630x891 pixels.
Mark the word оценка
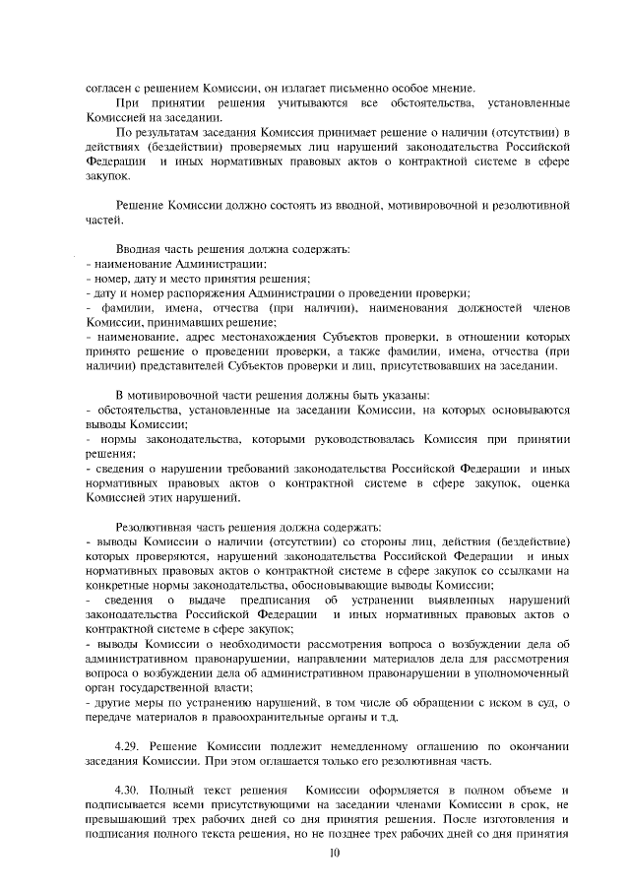[548, 483]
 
